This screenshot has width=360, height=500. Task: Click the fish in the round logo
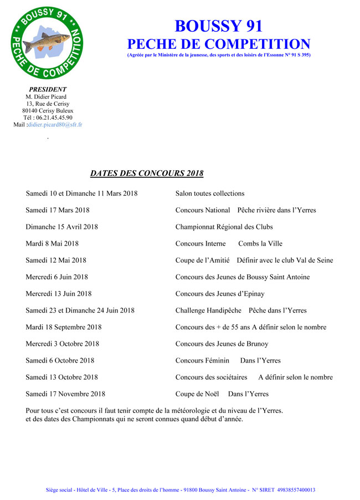(x=54, y=41)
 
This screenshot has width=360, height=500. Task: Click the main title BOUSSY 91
(x=218, y=26)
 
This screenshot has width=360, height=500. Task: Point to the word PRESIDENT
(x=48, y=89)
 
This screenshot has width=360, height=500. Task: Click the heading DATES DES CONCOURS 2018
(x=147, y=174)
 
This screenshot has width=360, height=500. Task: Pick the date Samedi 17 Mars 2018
(x=58, y=210)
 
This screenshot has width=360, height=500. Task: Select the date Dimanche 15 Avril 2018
(x=61, y=227)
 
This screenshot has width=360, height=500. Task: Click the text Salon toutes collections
(x=210, y=193)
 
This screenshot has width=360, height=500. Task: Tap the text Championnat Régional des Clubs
(x=224, y=227)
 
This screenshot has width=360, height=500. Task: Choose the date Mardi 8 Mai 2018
(x=52, y=243)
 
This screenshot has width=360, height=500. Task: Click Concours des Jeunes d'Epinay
(x=220, y=294)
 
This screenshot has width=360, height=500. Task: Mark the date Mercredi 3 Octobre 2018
(x=63, y=344)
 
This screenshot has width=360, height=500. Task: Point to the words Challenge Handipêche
(x=208, y=310)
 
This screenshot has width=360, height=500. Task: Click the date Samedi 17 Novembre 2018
(x=65, y=394)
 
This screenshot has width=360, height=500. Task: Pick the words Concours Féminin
(x=202, y=360)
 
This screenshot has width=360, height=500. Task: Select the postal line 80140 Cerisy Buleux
(x=48, y=110)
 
